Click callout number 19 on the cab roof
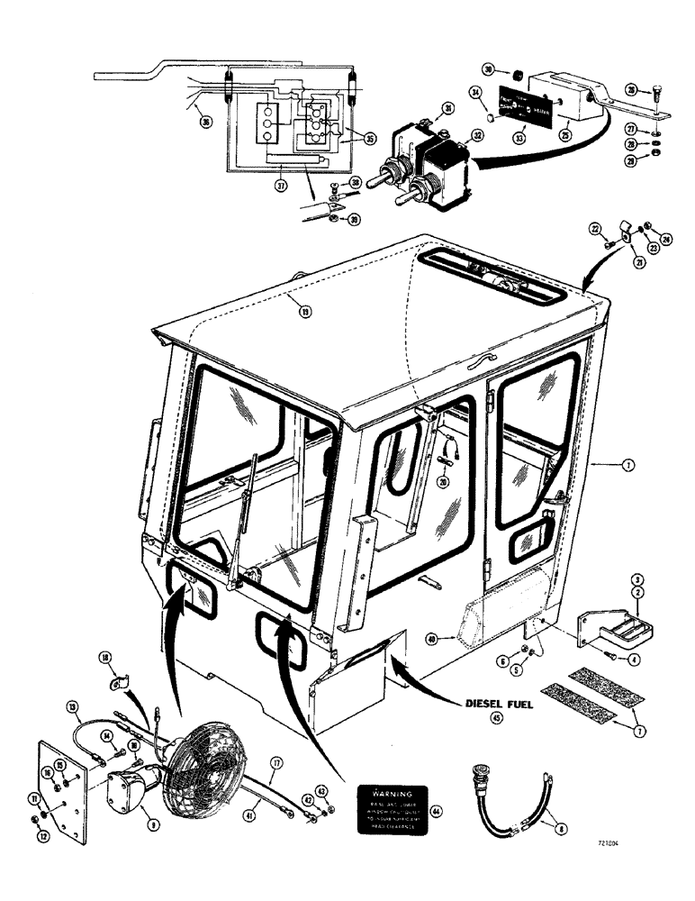pos(306,314)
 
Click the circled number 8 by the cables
pos(561,823)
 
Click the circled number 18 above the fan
pos(105,659)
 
